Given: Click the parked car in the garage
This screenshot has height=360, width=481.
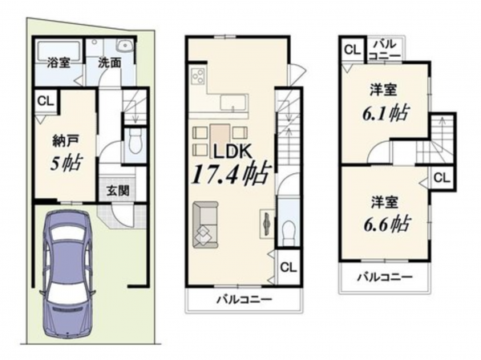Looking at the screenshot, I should tap(71, 269).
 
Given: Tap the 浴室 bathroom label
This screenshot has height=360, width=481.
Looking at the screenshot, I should tap(58, 62).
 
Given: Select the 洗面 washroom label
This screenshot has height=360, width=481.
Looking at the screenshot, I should tap(110, 62).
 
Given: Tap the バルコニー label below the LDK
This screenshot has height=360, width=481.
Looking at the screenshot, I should tap(244, 300).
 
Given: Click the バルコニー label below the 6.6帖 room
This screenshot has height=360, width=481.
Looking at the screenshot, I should tap(385, 277).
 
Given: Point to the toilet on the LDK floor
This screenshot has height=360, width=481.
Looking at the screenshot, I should tap(288, 229).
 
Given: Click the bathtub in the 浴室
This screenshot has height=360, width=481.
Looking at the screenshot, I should tap(57, 47).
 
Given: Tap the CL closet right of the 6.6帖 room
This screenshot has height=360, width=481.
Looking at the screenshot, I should tap(441, 177).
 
